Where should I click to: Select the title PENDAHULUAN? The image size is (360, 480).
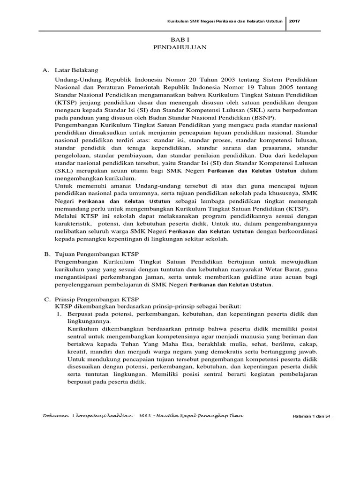tap(180, 47)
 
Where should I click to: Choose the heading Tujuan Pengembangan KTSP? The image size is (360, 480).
tap(94, 253)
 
